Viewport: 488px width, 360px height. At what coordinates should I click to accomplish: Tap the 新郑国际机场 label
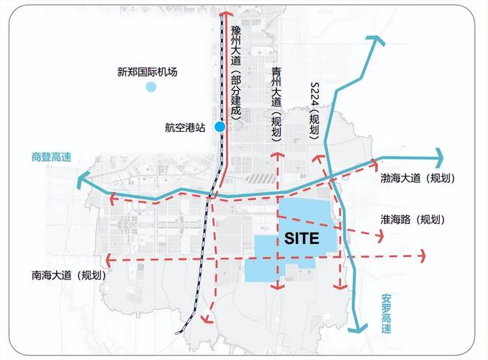tap(147, 72)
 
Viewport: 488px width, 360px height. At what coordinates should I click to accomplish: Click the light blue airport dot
tap(150, 87)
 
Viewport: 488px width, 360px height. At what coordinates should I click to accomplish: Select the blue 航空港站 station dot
tap(220, 127)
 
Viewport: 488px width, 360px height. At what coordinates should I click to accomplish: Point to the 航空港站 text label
tap(185, 127)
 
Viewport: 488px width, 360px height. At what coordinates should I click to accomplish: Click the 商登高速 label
tap(52, 158)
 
